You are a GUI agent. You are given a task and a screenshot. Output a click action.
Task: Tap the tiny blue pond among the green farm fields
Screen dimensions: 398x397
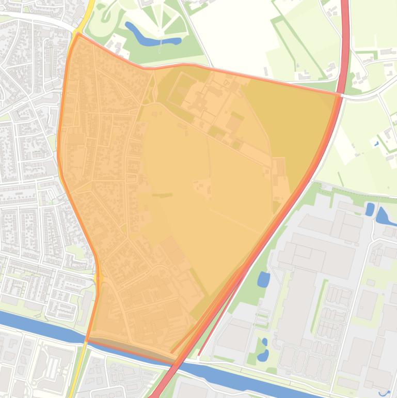(x=377, y=143)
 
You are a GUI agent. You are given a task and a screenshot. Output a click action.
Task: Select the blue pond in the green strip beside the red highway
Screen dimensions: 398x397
(x=263, y=280)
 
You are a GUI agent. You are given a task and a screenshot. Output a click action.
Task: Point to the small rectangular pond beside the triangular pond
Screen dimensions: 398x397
(x=370, y=209)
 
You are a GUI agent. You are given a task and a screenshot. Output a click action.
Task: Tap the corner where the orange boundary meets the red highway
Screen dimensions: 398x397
(x=341, y=95)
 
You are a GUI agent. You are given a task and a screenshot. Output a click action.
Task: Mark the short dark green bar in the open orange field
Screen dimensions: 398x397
(x=162, y=195)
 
